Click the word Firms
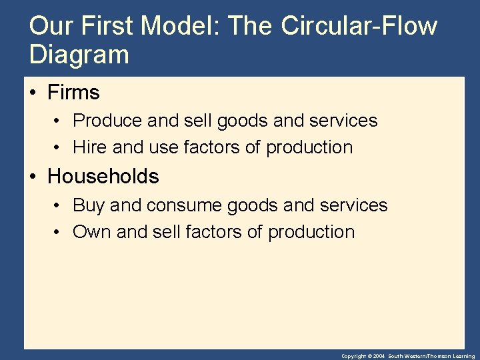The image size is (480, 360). click(73, 92)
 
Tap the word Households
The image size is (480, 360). click(103, 177)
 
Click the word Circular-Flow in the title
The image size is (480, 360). click(359, 26)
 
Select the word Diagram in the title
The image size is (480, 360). click(79, 55)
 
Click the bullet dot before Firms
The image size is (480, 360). click(34, 93)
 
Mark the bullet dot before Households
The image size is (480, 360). click(34, 177)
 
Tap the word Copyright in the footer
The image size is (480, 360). click(354, 357)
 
